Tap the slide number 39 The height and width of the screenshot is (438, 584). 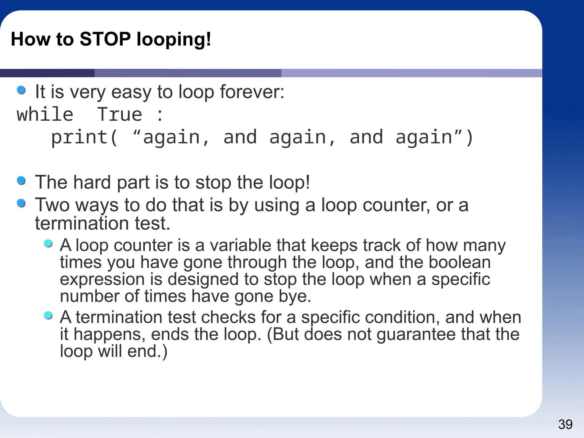[x=565, y=425]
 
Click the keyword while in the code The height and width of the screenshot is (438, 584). [x=45, y=115]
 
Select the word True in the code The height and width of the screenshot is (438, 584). [x=119, y=115]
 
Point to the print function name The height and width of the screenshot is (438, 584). [x=79, y=137]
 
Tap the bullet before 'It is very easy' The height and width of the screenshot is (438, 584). [x=21, y=90]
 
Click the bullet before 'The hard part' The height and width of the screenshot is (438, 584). [x=21, y=181]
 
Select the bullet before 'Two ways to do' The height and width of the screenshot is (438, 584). [x=21, y=203]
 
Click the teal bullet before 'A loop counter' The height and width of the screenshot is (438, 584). [x=48, y=244]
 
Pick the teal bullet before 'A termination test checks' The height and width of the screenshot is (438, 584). [x=48, y=315]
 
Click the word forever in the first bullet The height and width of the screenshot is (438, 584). [x=252, y=92]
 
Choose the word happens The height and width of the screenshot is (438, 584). [x=109, y=334]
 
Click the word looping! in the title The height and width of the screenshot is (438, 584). [x=174, y=39]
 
